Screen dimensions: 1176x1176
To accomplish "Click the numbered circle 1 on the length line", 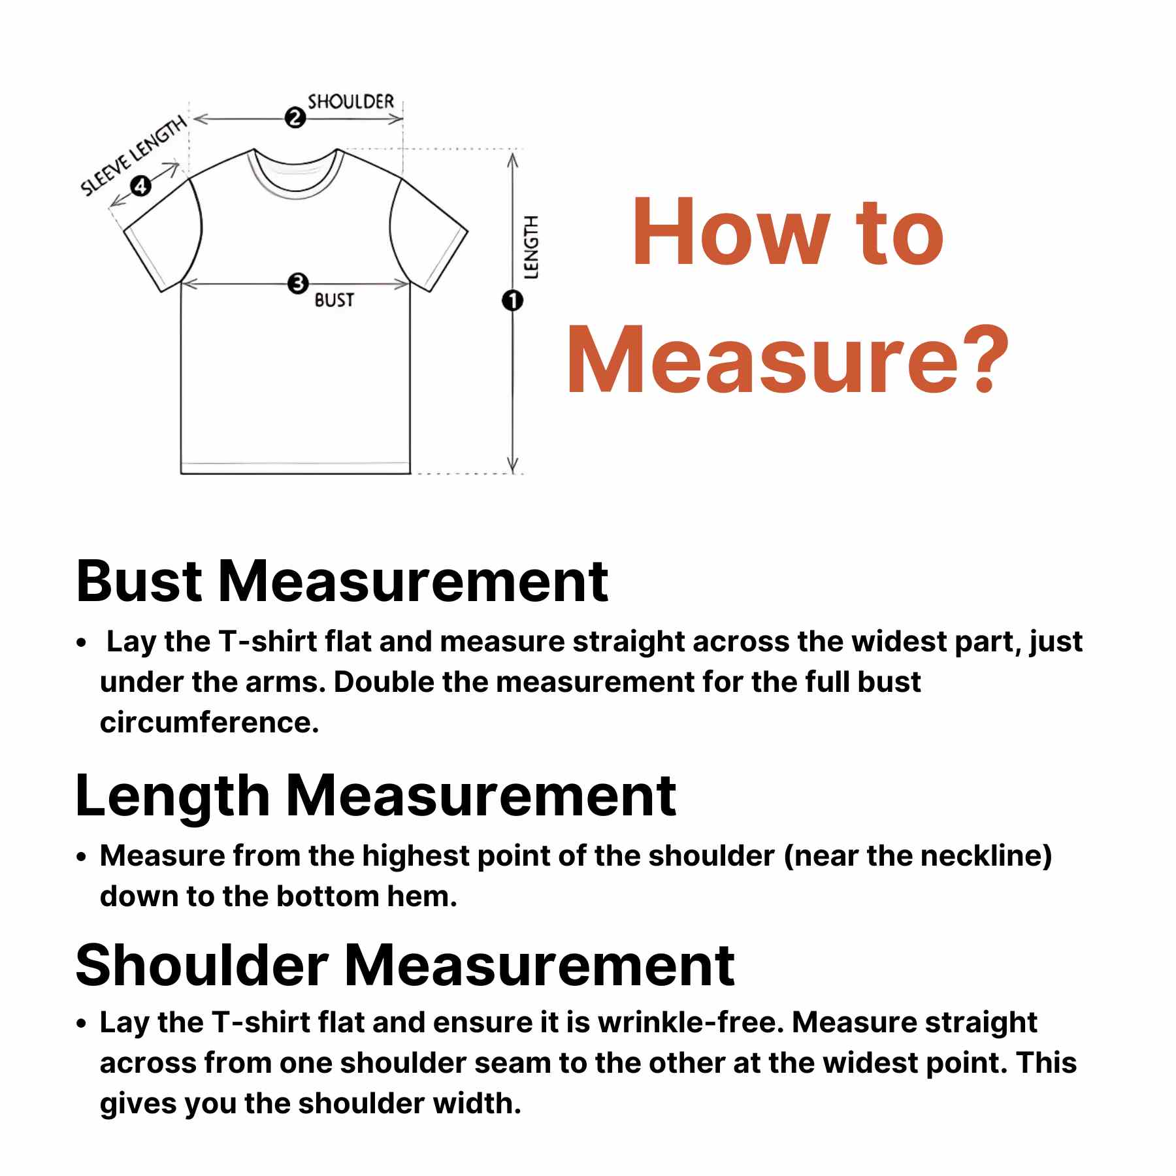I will click(513, 301).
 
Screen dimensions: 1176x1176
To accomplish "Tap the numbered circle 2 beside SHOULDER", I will click(295, 118).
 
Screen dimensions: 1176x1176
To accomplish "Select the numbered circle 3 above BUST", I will click(298, 284).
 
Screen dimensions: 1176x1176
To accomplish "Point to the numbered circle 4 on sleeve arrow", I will click(140, 186).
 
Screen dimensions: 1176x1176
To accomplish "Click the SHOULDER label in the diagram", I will click(351, 102).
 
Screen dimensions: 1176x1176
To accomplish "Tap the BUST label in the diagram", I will click(334, 300).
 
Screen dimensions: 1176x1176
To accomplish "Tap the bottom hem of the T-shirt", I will click(295, 468).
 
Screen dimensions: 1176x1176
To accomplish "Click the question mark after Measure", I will click(980, 359).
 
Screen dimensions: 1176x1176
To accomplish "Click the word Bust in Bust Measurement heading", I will click(139, 581).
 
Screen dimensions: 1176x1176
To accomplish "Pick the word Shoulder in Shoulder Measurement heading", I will click(201, 966).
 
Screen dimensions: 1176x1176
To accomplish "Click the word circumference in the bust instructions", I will click(209, 723).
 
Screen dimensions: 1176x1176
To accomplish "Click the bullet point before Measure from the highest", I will click(81, 857).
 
